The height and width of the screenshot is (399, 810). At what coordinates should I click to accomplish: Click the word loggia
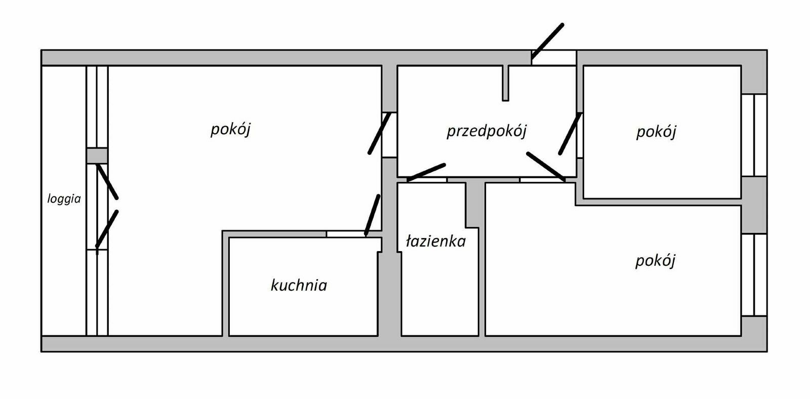(64, 199)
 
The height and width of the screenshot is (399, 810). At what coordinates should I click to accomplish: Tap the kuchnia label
(299, 285)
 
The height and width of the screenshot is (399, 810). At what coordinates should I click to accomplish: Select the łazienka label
(436, 241)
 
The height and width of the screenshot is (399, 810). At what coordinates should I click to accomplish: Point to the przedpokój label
(487, 131)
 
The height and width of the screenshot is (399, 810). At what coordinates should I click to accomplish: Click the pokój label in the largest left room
(231, 129)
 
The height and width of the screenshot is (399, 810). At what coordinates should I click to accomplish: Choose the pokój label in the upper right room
(656, 132)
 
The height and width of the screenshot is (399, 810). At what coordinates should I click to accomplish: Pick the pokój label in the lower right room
(656, 261)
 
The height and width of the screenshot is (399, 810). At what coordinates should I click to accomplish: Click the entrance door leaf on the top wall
(547, 42)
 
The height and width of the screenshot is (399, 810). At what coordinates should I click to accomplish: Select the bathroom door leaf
(426, 172)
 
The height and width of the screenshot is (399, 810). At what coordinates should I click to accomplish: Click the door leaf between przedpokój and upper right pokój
(570, 133)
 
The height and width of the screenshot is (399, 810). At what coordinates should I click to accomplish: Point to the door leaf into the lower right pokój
(546, 166)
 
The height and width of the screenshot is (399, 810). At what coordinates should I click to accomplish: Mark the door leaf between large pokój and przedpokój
(379, 133)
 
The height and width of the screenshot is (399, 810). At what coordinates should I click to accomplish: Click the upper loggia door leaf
(107, 181)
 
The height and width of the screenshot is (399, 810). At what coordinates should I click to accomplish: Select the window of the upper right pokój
(754, 135)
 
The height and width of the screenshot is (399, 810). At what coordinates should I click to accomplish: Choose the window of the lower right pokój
(754, 274)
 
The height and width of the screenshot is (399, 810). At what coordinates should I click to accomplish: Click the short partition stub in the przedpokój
(505, 83)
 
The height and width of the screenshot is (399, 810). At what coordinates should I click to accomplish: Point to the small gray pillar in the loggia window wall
(97, 155)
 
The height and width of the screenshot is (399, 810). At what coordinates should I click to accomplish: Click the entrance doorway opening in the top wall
(554, 58)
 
